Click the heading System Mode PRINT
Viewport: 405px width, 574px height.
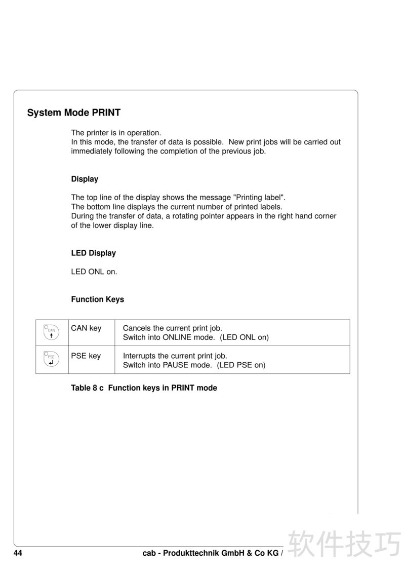(x=74, y=112)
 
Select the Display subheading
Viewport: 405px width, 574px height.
(x=85, y=179)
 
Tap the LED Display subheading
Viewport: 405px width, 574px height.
(x=93, y=253)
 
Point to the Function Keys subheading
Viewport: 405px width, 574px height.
(x=97, y=299)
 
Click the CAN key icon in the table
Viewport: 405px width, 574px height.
(x=51, y=332)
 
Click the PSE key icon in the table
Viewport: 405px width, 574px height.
(x=51, y=359)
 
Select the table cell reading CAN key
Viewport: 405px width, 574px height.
(x=86, y=328)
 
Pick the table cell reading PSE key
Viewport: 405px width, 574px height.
(x=86, y=356)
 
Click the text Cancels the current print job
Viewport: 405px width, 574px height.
(x=173, y=328)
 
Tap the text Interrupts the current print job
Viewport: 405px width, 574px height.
(x=175, y=356)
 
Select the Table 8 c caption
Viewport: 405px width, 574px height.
(x=144, y=388)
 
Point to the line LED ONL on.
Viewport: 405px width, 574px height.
(x=94, y=272)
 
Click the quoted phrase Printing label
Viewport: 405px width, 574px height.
(x=259, y=198)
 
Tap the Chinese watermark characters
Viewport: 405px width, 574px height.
(x=344, y=545)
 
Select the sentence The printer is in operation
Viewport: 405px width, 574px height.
(x=116, y=133)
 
